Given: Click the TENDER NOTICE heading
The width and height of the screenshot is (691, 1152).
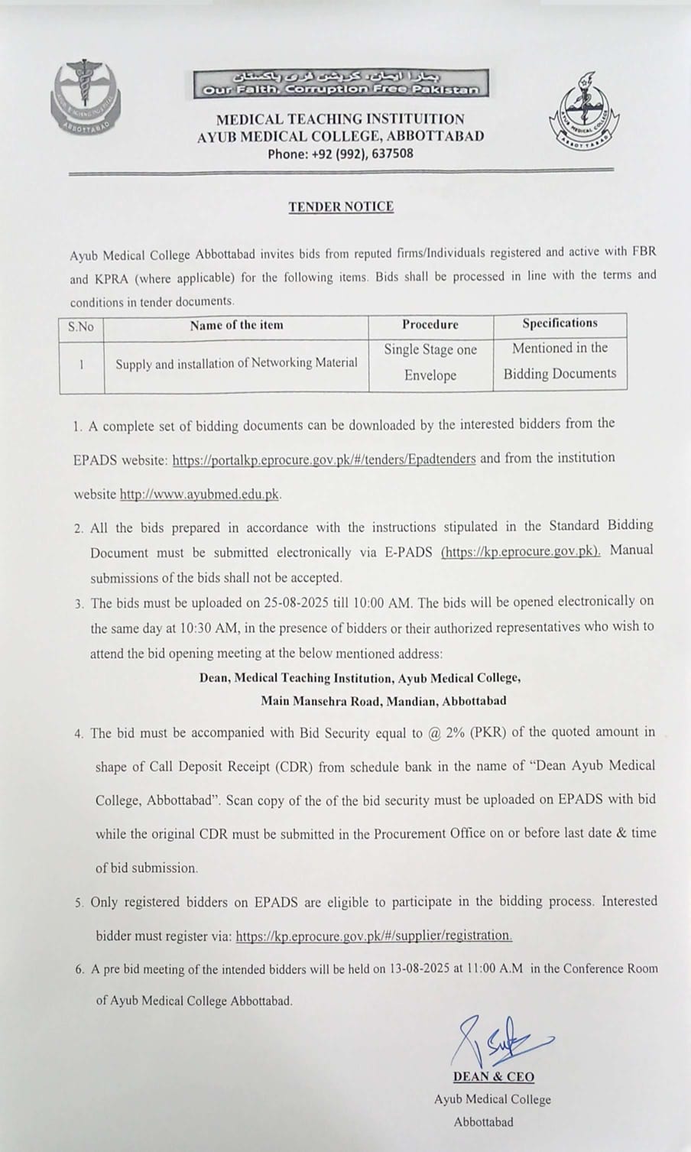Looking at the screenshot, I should pos(341,206).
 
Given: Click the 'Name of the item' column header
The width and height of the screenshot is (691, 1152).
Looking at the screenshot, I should pos(236,325).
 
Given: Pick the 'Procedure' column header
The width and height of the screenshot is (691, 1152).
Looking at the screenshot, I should pos(430,325).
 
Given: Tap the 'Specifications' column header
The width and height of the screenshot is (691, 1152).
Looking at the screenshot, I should pos(560,323).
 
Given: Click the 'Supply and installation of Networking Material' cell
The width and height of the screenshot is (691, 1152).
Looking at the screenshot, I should pos(236,363).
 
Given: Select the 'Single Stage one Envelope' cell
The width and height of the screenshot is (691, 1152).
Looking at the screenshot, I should pos(430,362).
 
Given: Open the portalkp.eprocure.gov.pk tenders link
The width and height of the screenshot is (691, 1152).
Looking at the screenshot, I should pos(324,459).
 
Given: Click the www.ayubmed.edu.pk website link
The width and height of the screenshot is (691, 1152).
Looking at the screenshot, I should pos(200,495).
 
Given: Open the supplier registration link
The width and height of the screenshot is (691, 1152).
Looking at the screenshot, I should pos(374,936).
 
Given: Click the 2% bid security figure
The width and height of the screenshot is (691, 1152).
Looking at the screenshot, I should pos(452,732).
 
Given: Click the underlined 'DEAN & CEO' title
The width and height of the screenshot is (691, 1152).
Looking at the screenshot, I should pos(493,1077).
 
